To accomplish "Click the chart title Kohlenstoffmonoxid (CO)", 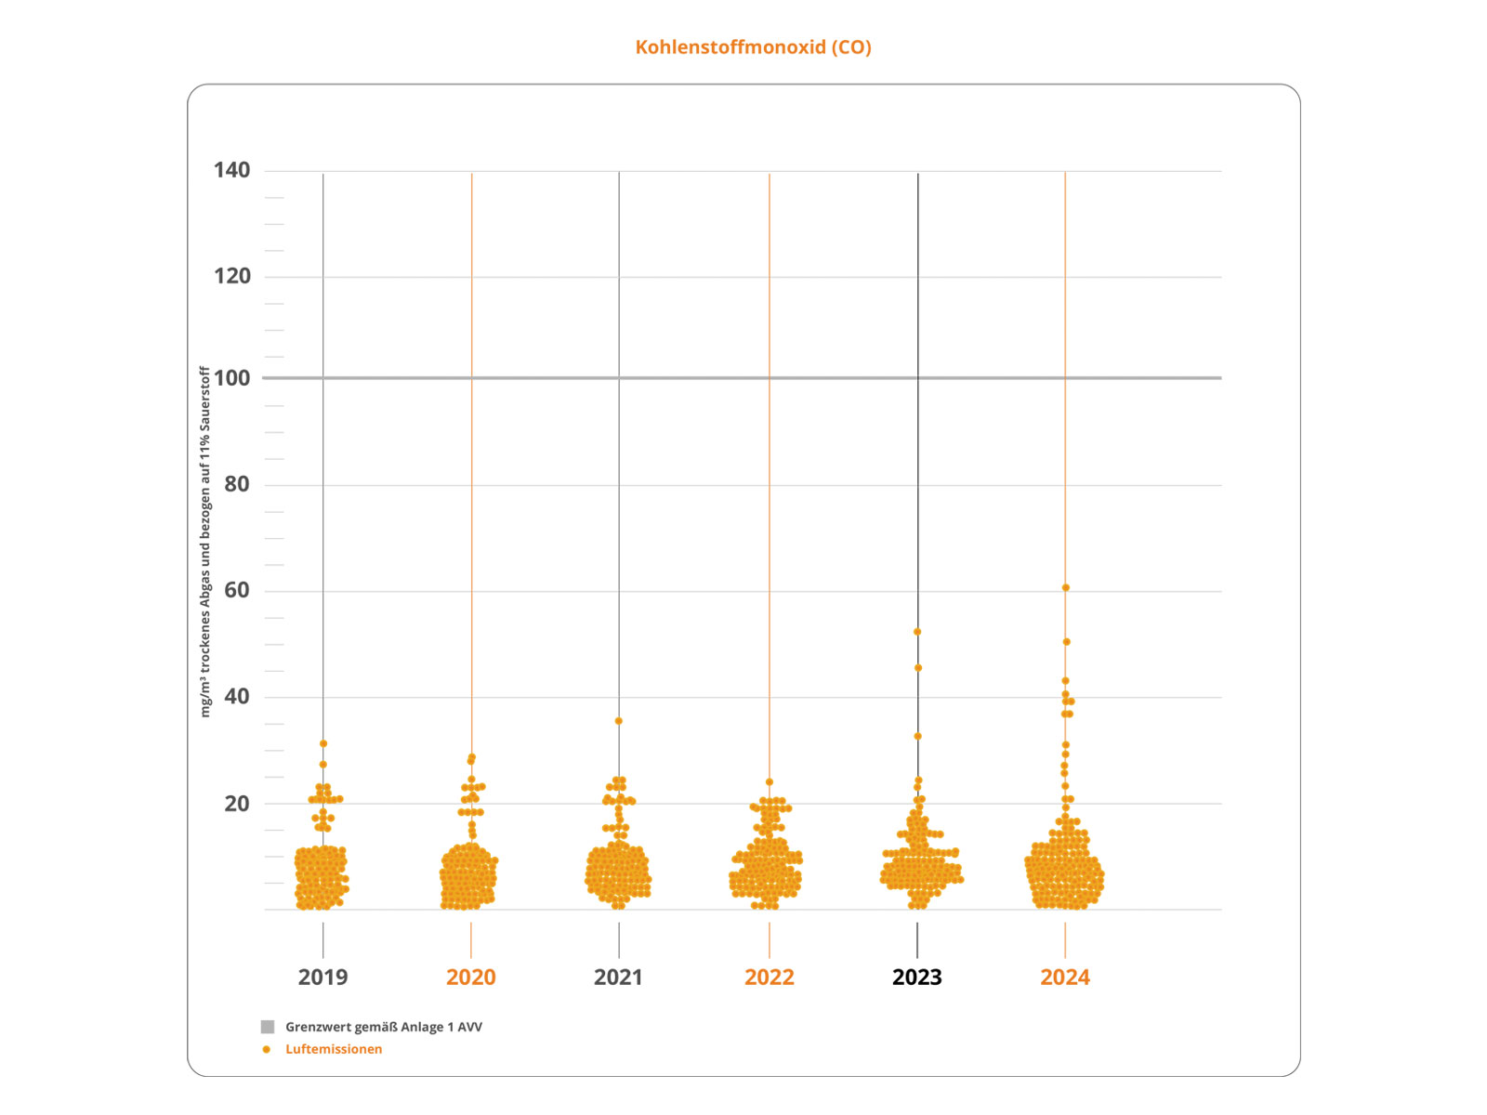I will [753, 47].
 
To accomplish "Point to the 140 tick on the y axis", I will [231, 170].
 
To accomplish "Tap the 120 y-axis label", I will [231, 276].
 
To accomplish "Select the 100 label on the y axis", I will [231, 378].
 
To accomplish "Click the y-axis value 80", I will [236, 484].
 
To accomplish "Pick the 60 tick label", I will [236, 590].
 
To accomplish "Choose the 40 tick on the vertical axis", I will [236, 696].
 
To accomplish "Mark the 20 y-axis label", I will [236, 803].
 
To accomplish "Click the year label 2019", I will [322, 977].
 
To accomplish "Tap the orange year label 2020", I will [470, 977].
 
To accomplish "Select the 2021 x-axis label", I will [618, 977].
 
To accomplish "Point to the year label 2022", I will [769, 977].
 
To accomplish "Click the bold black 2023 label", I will [916, 977].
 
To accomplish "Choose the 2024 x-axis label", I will [1064, 977].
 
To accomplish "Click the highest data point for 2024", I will [1065, 588].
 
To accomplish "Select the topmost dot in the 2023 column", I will [917, 632].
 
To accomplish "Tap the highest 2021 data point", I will [618, 721].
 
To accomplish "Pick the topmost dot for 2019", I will [322, 743].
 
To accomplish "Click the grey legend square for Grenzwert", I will [268, 1027].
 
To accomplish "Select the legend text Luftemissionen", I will [334, 1049].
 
